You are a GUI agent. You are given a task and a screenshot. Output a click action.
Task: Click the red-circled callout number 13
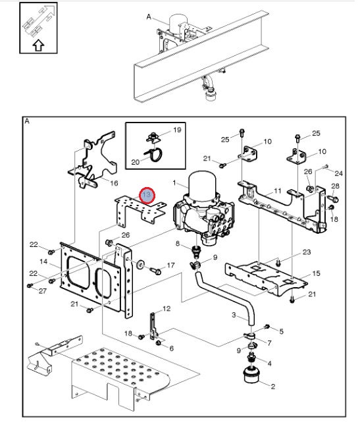(146, 195)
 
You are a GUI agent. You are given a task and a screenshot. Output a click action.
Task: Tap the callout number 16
(114, 183)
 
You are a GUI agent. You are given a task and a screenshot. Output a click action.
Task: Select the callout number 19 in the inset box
(177, 130)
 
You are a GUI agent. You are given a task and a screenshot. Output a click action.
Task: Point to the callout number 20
(136, 162)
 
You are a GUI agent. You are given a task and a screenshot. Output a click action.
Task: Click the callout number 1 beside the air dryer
(174, 182)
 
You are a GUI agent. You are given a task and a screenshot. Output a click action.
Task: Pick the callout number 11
(278, 191)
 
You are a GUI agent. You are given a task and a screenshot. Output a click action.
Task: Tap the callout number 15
(316, 273)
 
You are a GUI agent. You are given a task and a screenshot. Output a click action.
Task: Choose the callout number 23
(307, 252)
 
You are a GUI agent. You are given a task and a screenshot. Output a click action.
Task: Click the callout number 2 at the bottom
(272, 386)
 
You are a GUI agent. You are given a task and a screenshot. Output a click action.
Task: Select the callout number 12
(167, 308)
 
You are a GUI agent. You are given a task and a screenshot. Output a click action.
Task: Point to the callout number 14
(43, 261)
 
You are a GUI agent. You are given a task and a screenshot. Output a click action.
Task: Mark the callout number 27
(43, 291)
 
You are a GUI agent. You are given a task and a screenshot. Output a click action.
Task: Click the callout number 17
(170, 265)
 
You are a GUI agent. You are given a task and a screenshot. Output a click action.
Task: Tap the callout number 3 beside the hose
(234, 315)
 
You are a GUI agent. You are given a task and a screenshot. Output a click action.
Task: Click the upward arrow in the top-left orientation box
(38, 45)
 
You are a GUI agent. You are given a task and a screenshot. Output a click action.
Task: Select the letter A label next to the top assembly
(149, 17)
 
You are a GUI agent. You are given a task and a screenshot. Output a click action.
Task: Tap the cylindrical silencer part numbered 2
(251, 375)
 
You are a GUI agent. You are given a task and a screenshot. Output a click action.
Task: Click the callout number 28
(335, 186)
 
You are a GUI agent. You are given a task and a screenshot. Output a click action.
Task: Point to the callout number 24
(339, 173)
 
